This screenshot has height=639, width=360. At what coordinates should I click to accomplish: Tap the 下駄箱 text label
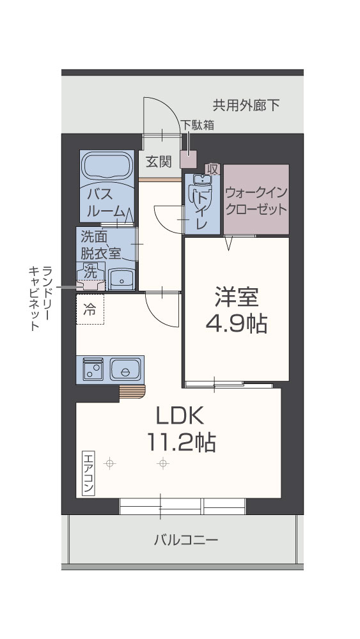click(x=197, y=125)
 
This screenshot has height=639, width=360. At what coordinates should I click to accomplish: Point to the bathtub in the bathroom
click(x=106, y=167)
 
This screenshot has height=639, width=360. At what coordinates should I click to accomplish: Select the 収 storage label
click(x=213, y=169)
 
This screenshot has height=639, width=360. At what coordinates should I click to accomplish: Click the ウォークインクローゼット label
click(x=255, y=201)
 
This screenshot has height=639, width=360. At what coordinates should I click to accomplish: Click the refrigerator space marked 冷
click(x=90, y=310)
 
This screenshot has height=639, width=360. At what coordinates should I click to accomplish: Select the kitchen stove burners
click(x=92, y=369)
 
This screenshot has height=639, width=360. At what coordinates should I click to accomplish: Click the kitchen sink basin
click(x=125, y=369)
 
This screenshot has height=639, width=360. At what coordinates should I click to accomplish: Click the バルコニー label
click(x=186, y=540)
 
